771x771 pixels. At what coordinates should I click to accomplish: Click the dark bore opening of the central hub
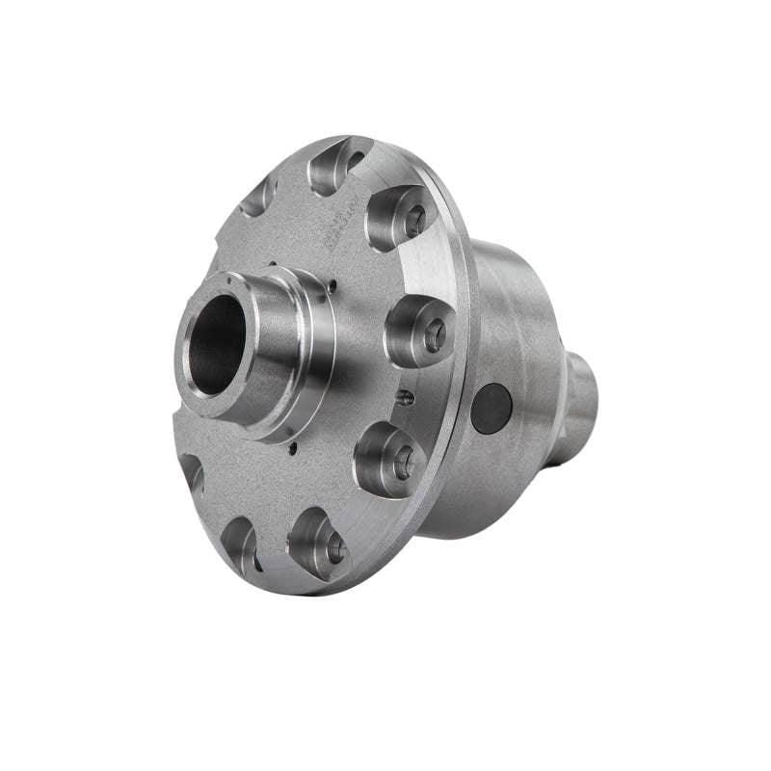point(220,343)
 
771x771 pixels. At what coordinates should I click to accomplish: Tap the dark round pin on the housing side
point(492,408)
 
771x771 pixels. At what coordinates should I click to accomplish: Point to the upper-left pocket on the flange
point(258,197)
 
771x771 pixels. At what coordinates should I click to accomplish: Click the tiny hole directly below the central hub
point(289,446)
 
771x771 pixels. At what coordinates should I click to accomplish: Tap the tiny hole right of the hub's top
point(332,284)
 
